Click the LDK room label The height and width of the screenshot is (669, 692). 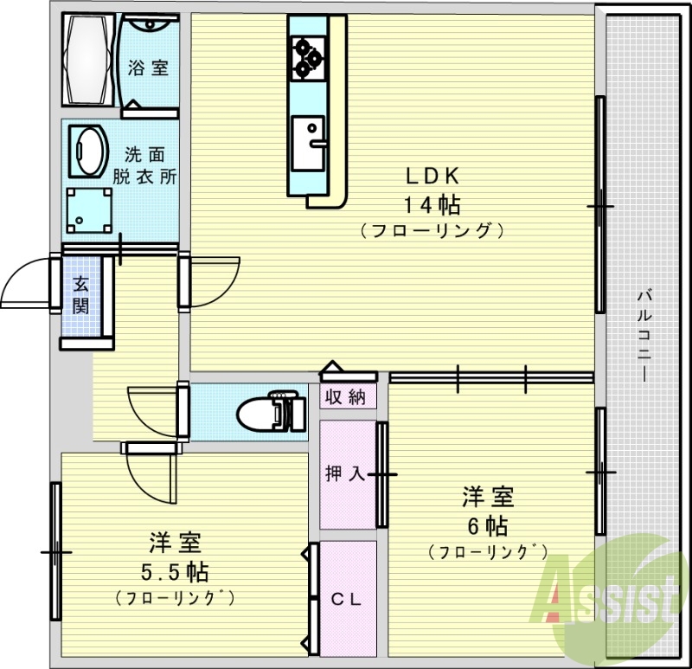(432, 175)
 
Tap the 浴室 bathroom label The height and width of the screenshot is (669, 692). (148, 68)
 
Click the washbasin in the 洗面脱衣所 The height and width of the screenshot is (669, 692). (86, 149)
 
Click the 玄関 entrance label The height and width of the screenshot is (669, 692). (80, 294)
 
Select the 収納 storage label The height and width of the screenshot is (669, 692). (346, 397)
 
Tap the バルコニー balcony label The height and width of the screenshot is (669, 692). (644, 333)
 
